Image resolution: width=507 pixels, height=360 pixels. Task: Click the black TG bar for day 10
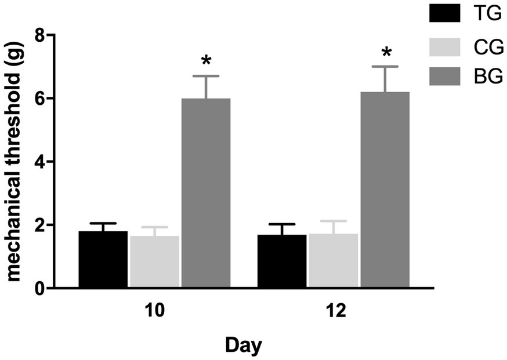click(103, 259)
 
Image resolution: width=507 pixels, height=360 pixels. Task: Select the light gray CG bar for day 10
click(154, 261)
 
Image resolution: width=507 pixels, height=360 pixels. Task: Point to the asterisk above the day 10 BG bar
click(206, 61)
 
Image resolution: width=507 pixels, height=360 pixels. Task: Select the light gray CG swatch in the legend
click(445, 47)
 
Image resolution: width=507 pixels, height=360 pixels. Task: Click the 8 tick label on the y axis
click(39, 35)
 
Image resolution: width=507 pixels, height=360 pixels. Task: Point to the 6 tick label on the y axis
click(39, 99)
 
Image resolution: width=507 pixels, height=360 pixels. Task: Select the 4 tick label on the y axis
click(39, 162)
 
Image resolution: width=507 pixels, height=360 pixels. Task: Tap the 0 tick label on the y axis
click(39, 288)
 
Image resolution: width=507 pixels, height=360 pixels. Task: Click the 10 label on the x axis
click(155, 310)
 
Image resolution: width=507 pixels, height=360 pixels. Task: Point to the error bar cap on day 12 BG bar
click(385, 67)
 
